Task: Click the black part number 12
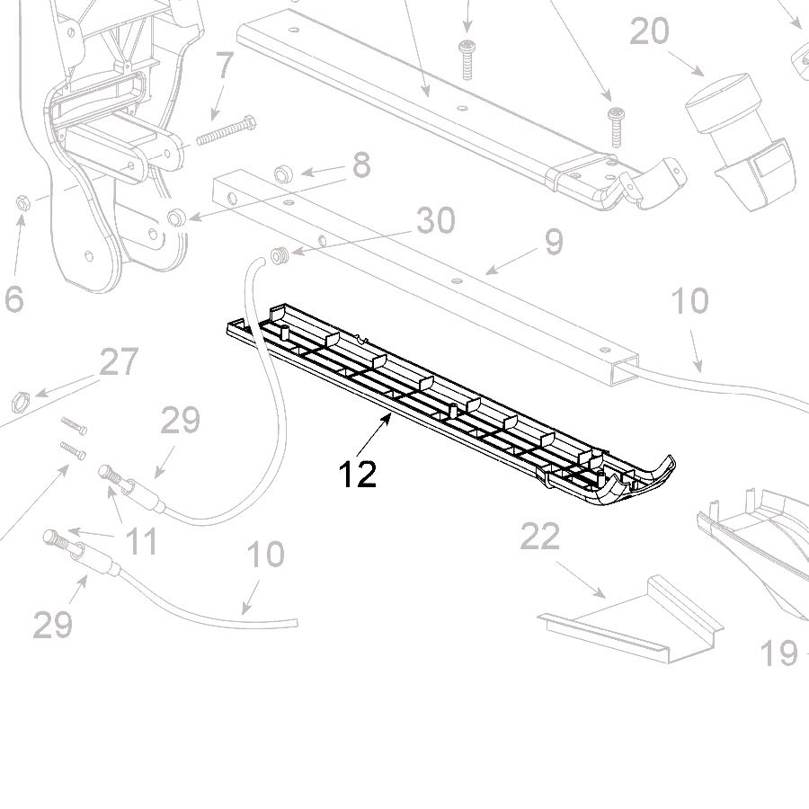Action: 358,475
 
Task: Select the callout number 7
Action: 225,65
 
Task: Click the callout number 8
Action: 361,165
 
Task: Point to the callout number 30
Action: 436,220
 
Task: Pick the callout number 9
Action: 554,242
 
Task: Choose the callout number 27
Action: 120,361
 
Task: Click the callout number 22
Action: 540,537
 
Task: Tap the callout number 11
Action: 141,541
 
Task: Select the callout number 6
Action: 13,298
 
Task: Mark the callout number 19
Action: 779,653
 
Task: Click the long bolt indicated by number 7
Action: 227,130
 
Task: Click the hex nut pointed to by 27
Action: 21,402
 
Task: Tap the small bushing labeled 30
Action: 280,255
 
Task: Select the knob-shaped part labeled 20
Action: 740,140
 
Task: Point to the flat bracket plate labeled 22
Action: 630,620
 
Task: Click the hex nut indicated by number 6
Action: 22,203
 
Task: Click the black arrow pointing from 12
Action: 373,435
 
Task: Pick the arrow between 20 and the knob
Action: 686,64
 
